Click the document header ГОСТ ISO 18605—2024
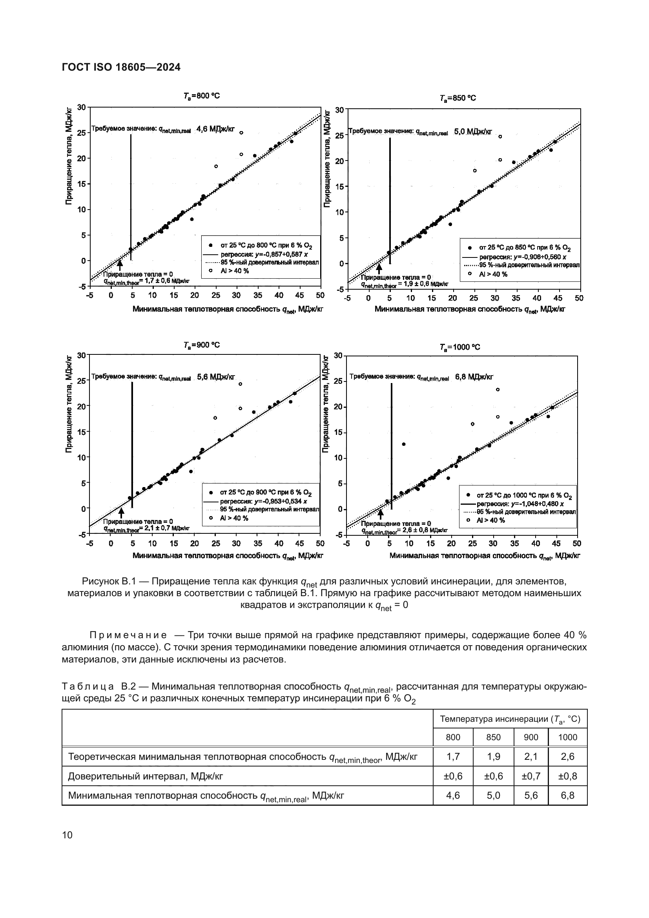point(121,67)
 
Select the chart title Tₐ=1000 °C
point(459,347)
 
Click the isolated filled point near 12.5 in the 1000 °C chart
point(404,444)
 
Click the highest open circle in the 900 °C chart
point(240,384)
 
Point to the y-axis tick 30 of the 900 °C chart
point(81,355)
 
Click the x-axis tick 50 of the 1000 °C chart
point(577,544)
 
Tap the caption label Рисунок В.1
point(105,581)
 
